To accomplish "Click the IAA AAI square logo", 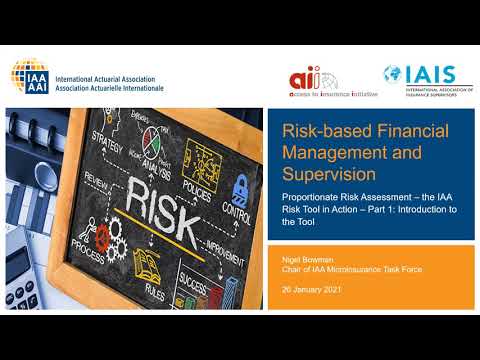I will pyautogui.click(x=27, y=75).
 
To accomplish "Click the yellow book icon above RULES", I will pyautogui.click(x=149, y=262).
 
